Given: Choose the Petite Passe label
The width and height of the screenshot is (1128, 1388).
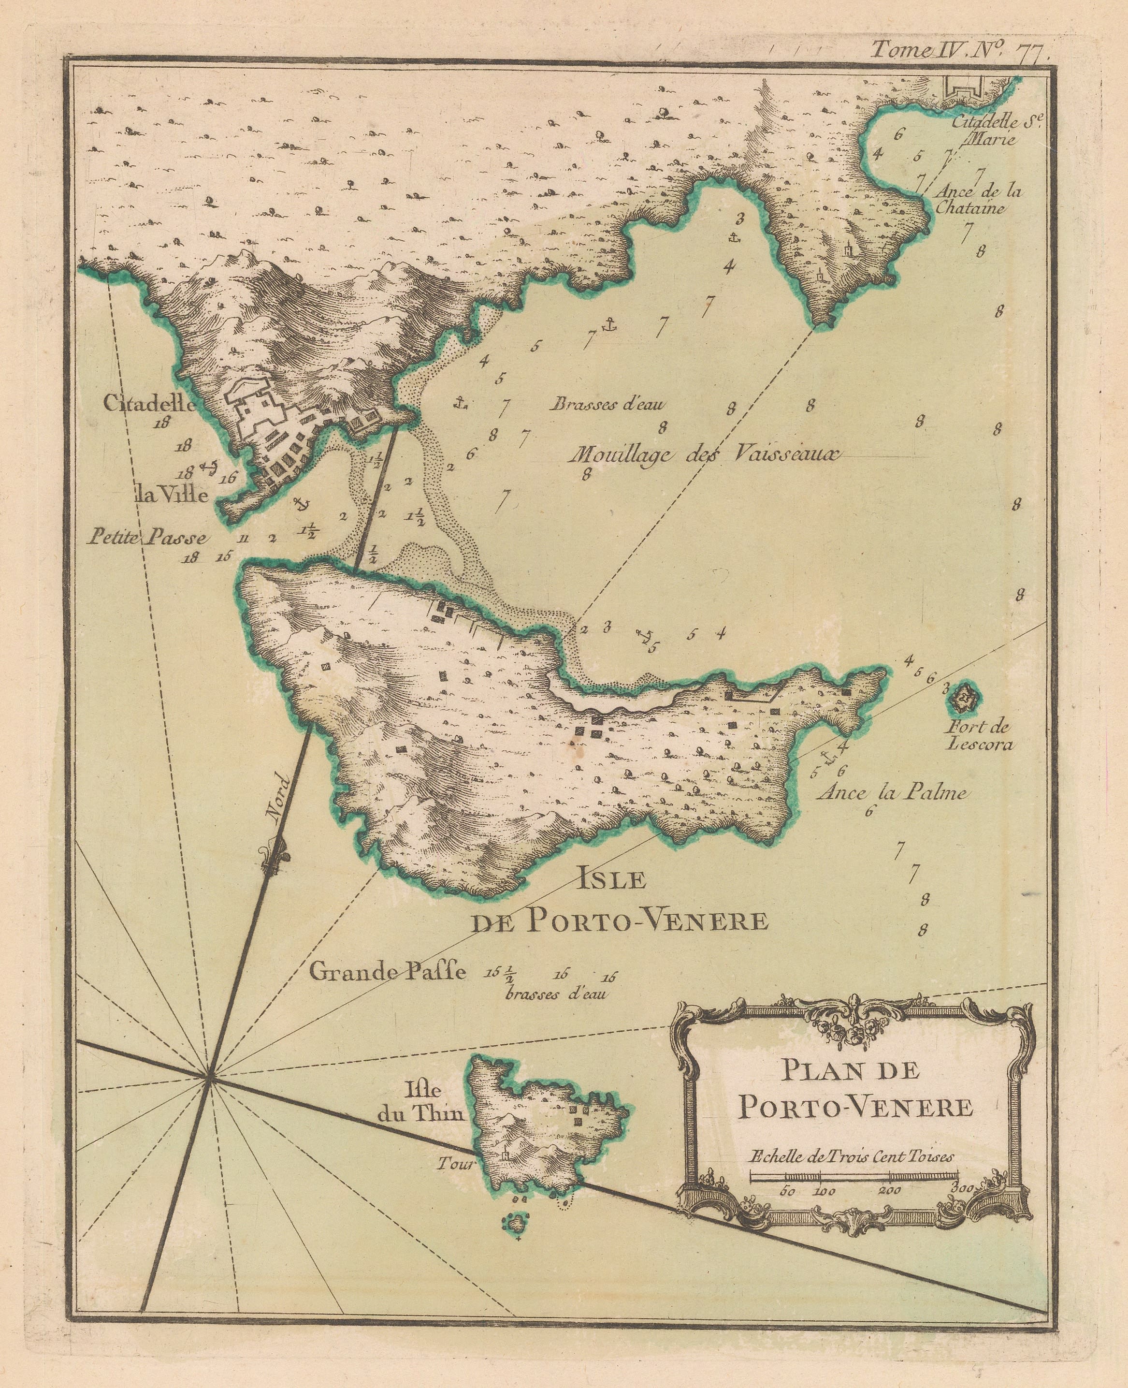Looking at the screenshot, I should pos(149,538).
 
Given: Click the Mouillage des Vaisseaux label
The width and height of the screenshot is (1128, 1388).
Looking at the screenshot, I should pos(703,455).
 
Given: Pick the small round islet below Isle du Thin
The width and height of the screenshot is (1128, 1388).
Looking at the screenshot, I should pos(517,1222).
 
